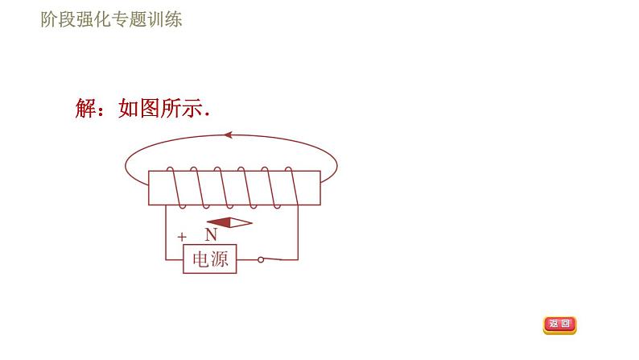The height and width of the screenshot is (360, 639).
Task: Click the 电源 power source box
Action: (x=210, y=259)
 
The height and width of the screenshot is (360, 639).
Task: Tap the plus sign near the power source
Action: (x=182, y=237)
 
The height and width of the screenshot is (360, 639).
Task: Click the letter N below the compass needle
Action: (x=211, y=235)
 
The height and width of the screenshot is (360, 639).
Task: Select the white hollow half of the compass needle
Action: (x=241, y=222)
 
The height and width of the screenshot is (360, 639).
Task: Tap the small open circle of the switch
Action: (x=260, y=259)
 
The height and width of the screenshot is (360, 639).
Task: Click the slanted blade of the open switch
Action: (x=278, y=257)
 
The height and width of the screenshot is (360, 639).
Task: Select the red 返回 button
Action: (x=559, y=325)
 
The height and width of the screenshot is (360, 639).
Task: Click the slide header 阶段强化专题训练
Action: (x=112, y=19)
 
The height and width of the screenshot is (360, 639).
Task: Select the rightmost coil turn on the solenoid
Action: (x=292, y=187)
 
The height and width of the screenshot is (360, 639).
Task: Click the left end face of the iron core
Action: (x=150, y=187)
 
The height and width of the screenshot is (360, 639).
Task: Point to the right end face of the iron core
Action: (x=319, y=187)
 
